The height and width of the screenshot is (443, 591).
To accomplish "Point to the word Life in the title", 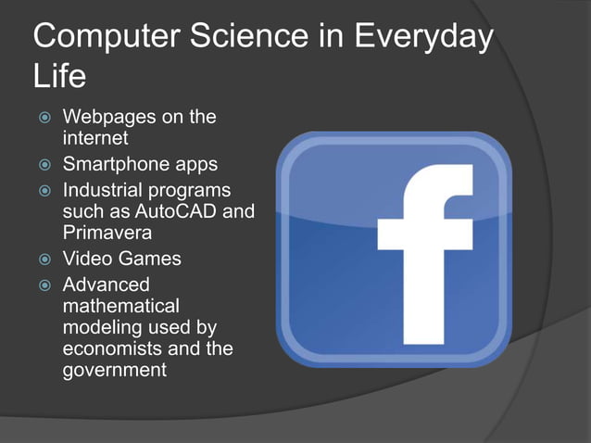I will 59,78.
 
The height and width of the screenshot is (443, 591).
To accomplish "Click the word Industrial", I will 107,190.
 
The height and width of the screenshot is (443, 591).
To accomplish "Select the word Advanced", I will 106,285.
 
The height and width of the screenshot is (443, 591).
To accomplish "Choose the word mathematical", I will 121,306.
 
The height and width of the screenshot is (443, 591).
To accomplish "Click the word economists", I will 115,348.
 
